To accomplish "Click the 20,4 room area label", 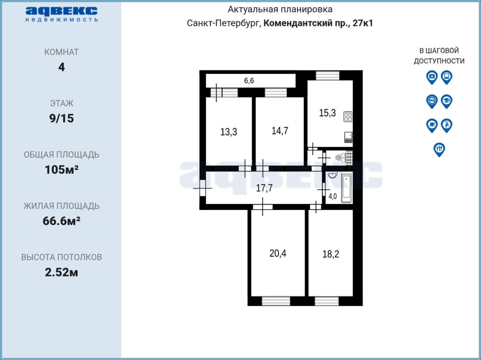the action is coord(278,253).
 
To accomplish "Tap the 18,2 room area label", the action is coord(331,254).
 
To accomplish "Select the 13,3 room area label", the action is coord(228,132).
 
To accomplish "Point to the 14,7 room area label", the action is coord(280,131).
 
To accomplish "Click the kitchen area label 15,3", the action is coord(327,113).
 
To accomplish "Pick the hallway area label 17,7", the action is coord(264,188).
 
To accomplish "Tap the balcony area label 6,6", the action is coord(249,81).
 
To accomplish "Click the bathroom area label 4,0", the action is coord(333,196).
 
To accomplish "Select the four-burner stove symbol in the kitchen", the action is coord(348,117).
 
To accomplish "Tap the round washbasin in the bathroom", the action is coord(332,175).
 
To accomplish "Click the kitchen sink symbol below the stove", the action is coord(348,137).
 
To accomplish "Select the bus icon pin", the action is coord(446,77).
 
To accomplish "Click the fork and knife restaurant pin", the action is coord(439,150).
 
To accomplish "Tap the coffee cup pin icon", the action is coord(432,126).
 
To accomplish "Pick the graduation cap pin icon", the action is coord(446,102).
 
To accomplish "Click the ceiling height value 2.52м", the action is coord(61,273).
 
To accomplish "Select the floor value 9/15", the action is coord(62,118).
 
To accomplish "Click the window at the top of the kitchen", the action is coord(327,75).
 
